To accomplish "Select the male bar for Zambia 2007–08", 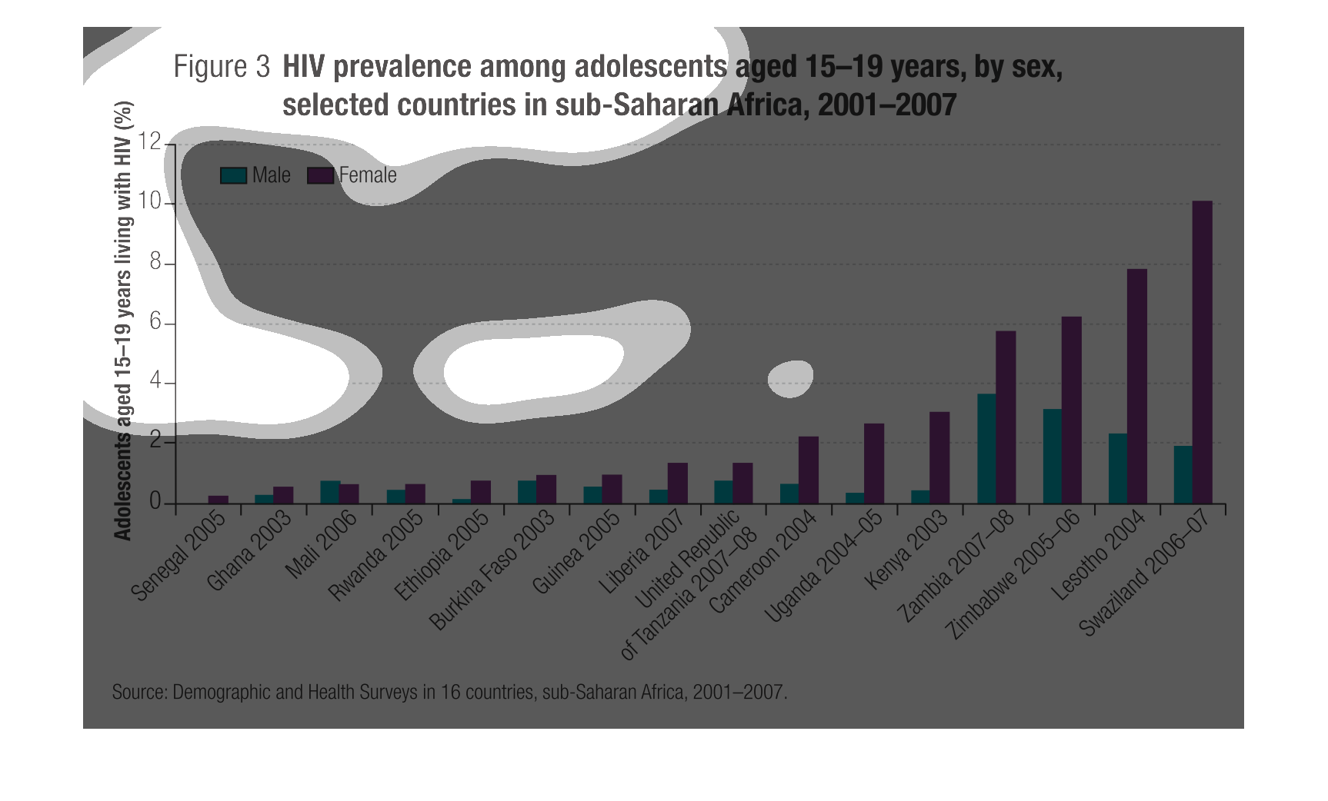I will (986, 449).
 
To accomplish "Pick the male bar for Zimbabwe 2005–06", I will (1052, 457).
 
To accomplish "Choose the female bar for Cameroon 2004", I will (809, 470).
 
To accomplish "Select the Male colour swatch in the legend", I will (233, 175).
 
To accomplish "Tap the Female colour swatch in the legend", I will (320, 175).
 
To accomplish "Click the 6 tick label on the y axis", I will (155, 322).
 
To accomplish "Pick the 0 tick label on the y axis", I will (155, 502).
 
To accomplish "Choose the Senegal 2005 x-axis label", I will (179, 556).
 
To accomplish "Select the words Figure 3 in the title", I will (222, 67).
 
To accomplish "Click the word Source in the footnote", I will (138, 692).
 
